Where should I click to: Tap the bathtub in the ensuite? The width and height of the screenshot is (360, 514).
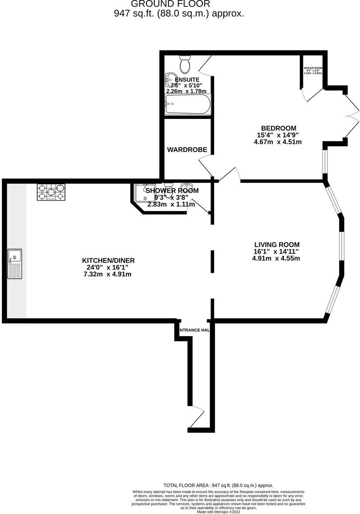pyautogui.click(x=187, y=105)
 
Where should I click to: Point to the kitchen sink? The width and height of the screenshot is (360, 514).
pyautogui.click(x=14, y=264)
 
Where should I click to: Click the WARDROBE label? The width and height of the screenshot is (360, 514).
pyautogui.click(x=187, y=149)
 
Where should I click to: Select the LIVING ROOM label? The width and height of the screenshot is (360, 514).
pyautogui.click(x=277, y=244)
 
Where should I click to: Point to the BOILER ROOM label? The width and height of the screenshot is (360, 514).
pyautogui.click(x=313, y=68)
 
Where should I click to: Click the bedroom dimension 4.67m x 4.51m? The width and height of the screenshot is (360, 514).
pyautogui.click(x=278, y=142)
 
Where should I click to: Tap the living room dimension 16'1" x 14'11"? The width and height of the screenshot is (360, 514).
pyautogui.click(x=277, y=251)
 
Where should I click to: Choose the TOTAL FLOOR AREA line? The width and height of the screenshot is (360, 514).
pyautogui.click(x=218, y=485)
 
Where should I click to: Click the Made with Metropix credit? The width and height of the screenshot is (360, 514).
pyautogui.click(x=218, y=511)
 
